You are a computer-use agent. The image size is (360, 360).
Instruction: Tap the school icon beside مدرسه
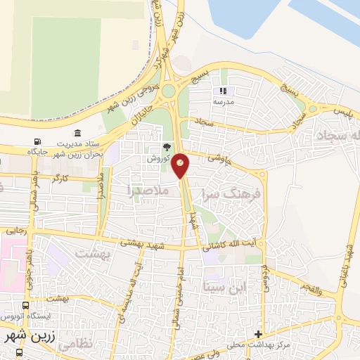pyautogui.click(x=224, y=91)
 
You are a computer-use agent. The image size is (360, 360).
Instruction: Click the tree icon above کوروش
pyautogui.click(x=166, y=148)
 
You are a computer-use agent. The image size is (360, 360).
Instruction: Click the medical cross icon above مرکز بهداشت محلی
pyautogui.click(x=259, y=333)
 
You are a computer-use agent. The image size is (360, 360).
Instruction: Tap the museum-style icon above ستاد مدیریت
pyautogui.click(x=77, y=133)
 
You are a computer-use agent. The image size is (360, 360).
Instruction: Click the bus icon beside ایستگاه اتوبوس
pyautogui.click(x=26, y=306)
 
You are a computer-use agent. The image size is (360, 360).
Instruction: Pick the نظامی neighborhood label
pyautogui.click(x=72, y=345)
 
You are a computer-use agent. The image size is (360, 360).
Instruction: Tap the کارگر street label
pyautogui.click(x=60, y=179)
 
